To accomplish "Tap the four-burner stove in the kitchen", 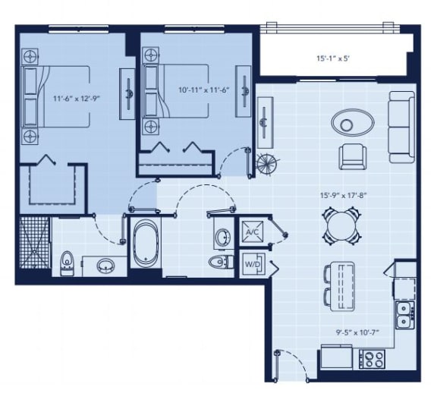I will click(372, 358).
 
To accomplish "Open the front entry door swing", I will click(292, 366).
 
